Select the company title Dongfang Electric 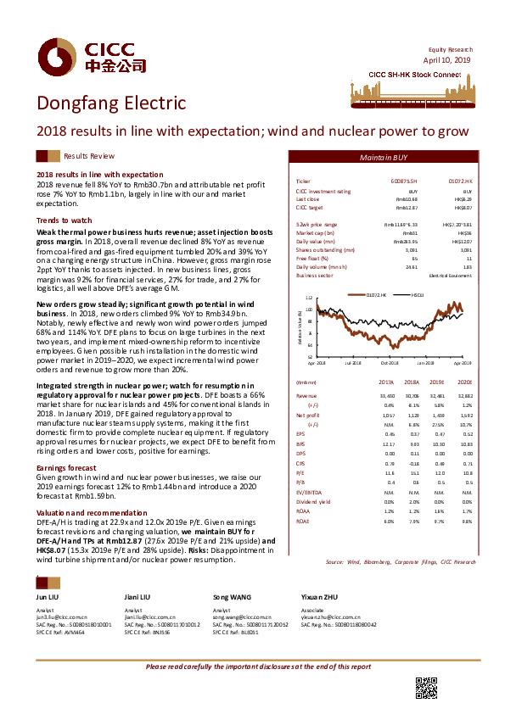[110, 103]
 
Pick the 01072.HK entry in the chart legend [379, 295]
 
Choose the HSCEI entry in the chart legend [418, 295]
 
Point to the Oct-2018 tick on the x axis [390, 362]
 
